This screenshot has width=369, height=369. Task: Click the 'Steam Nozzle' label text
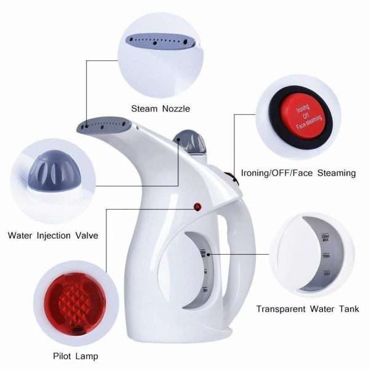(160, 109)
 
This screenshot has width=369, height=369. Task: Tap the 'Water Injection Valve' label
(53, 235)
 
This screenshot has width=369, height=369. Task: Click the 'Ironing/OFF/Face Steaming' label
(298, 173)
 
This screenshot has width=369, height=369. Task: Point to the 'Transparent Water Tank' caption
(307, 309)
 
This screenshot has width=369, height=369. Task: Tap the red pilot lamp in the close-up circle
(69, 304)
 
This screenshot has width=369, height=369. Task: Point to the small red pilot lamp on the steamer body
(198, 207)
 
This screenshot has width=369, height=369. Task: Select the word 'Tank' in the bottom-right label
(347, 309)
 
